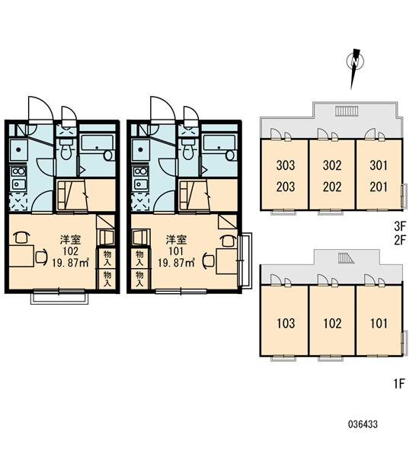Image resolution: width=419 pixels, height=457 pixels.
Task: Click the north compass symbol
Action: point(354,62)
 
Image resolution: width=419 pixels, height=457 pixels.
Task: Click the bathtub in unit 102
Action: point(97,147)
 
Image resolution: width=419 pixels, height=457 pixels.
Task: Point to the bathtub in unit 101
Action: point(219,147)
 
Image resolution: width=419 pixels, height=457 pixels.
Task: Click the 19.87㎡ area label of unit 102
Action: point(71,263)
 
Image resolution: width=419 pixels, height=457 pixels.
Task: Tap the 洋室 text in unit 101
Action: point(176,240)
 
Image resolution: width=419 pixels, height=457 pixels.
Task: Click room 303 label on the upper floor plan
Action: point(286,165)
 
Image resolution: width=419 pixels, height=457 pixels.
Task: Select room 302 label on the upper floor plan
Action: point(332,165)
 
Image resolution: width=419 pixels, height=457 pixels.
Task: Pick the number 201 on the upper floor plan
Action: point(379,187)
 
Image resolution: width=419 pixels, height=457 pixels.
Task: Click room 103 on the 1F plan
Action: point(286,323)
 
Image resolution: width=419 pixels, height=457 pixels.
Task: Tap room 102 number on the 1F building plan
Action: point(332,323)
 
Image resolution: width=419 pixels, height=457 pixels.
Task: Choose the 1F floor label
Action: point(399,384)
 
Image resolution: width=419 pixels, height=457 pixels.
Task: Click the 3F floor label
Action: point(400,225)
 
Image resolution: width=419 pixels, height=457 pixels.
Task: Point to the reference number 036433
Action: point(363,424)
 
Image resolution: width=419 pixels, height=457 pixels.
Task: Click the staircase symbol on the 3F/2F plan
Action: point(347,111)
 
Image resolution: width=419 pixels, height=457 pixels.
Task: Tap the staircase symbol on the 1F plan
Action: point(346,258)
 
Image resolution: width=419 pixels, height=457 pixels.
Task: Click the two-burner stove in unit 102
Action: point(18,171)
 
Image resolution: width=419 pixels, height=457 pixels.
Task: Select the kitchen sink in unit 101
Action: point(141,184)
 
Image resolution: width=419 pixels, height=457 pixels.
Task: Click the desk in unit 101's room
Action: point(226,261)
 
